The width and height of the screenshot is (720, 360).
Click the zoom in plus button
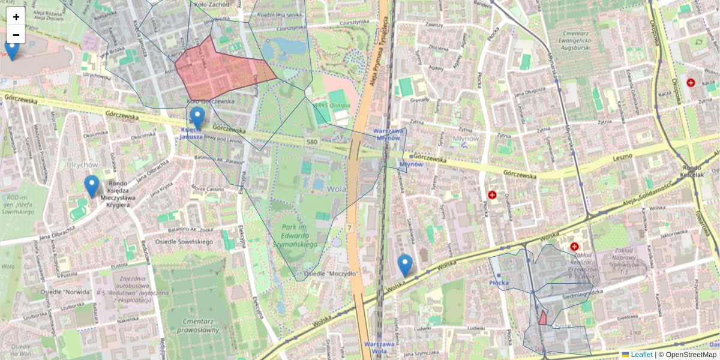pos(16,16)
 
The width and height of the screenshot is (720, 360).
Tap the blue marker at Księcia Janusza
pos(197,117)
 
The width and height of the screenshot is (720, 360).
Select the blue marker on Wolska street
pos(405,265)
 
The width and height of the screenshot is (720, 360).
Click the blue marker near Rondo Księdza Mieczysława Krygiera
pos(91,185)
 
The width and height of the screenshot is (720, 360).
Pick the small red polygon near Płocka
pos(542,318)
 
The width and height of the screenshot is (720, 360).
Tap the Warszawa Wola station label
pos(379,347)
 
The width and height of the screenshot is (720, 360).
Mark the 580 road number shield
pos(311,142)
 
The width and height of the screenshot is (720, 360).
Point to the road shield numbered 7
pos(349,228)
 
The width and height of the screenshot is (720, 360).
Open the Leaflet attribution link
pos(641,355)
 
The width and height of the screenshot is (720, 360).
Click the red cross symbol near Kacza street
pos(691,83)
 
